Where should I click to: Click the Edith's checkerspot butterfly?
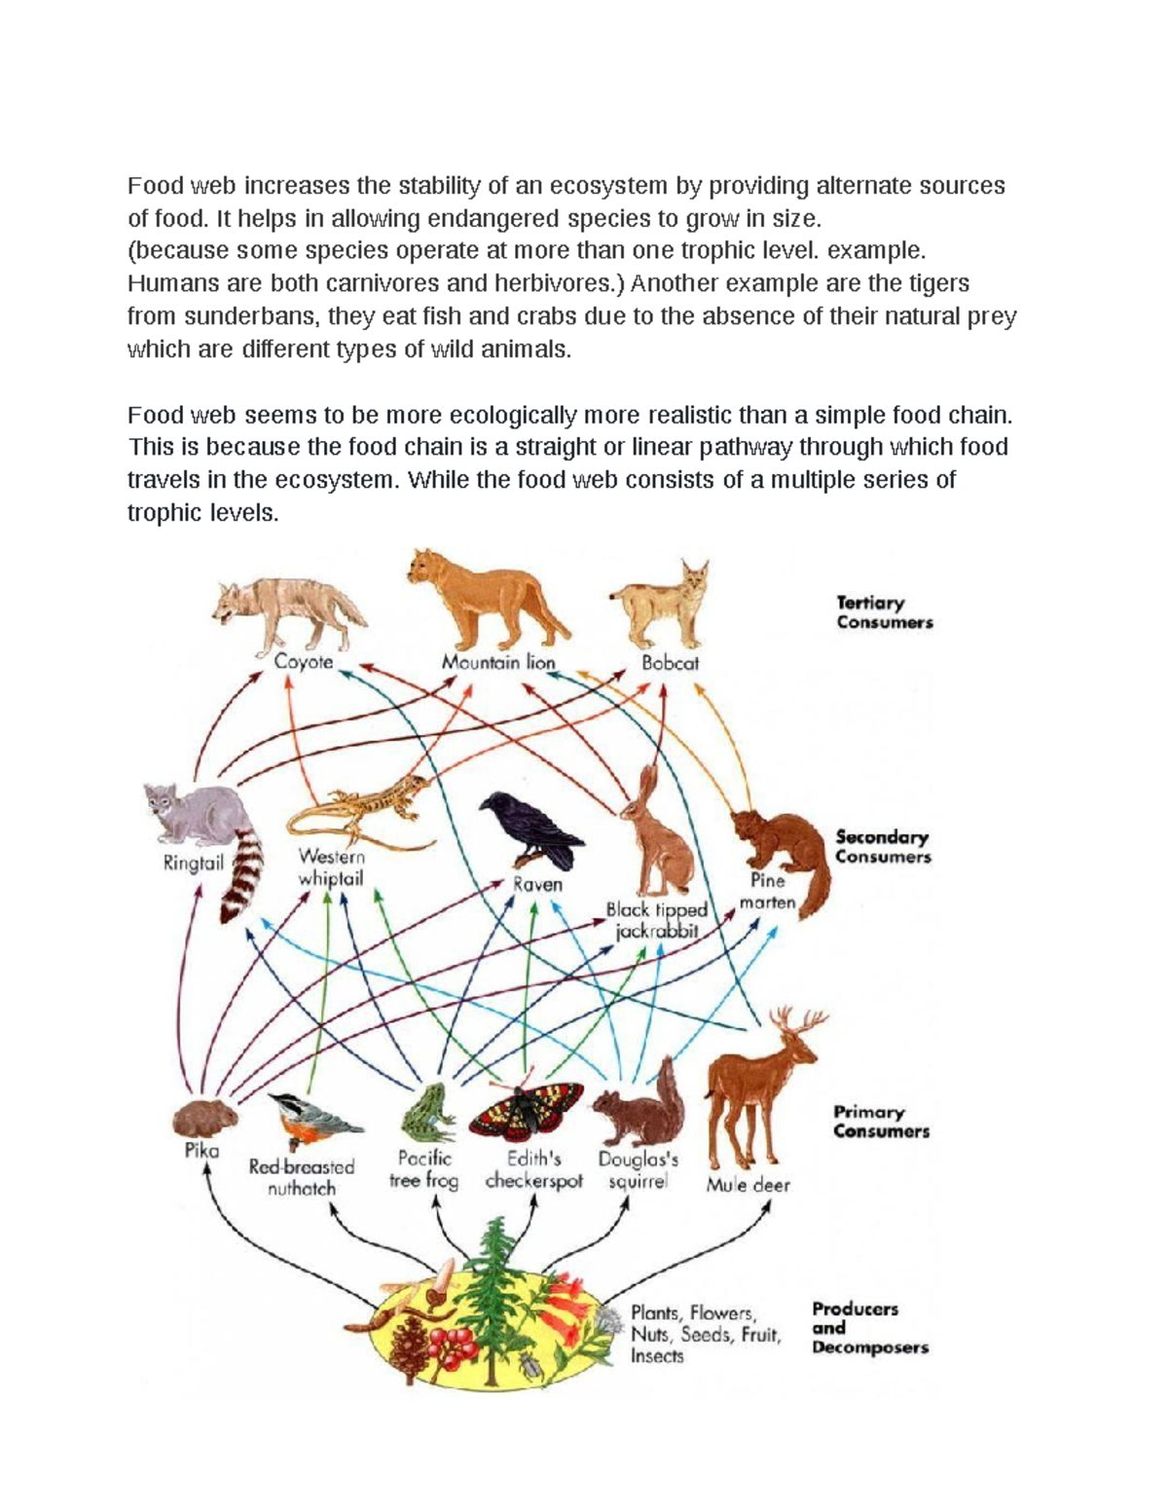click(x=526, y=1110)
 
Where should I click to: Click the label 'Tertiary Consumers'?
click(x=884, y=612)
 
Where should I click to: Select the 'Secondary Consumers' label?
click(x=883, y=846)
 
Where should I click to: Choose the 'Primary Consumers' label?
click(x=881, y=1121)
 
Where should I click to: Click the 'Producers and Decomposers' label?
click(x=869, y=1328)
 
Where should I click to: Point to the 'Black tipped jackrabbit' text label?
click(x=657, y=919)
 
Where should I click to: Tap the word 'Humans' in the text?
click(x=166, y=283)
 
